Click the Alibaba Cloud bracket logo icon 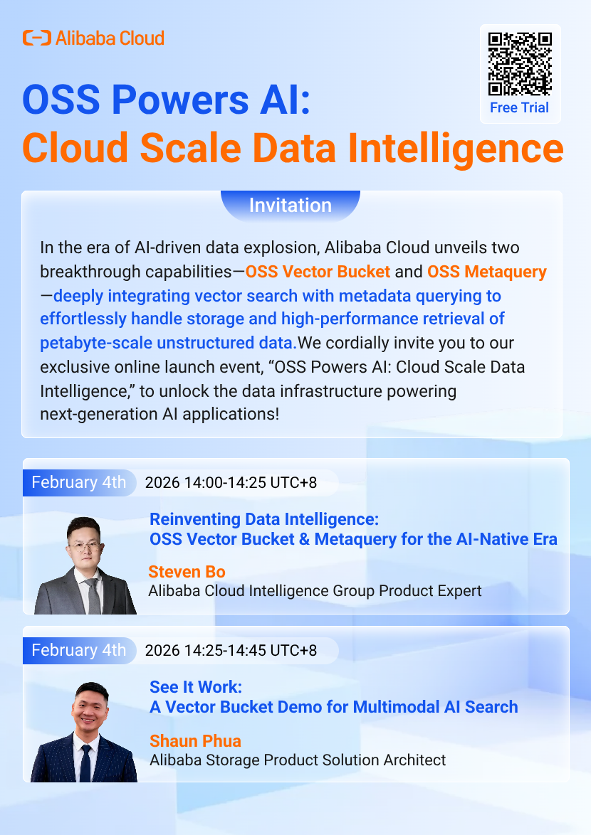pos(37,38)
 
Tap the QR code pos(520,64)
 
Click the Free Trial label pos(519,107)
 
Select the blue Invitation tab pos(291,205)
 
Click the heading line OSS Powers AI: pos(167,100)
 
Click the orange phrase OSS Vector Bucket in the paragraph pos(318,272)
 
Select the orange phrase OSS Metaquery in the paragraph pos(487,272)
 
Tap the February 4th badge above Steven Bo pos(79,482)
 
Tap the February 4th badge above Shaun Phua pos(79,650)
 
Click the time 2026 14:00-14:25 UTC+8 pos(231,482)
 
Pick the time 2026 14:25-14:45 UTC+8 pos(231,650)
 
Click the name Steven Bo pos(187,571)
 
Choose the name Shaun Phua pos(195,740)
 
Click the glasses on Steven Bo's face pos(84,546)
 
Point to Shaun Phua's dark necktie pos(85,762)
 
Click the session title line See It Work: pos(196,687)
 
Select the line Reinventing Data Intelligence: pos(264,519)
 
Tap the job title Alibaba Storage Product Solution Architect pos(298,760)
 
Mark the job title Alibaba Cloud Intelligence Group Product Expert pos(315,591)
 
